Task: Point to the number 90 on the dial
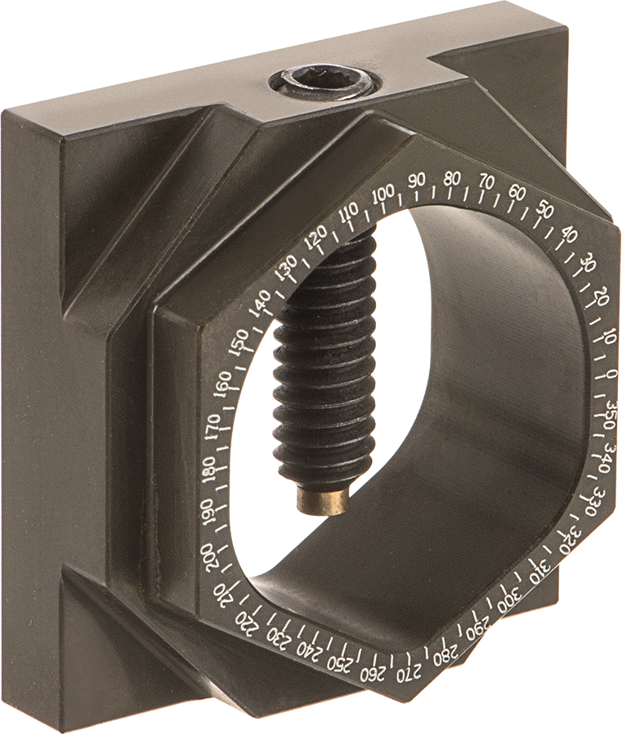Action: click(x=416, y=181)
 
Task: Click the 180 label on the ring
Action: click(x=210, y=468)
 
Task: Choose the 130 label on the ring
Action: click(x=286, y=268)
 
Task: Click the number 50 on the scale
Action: click(x=544, y=209)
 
